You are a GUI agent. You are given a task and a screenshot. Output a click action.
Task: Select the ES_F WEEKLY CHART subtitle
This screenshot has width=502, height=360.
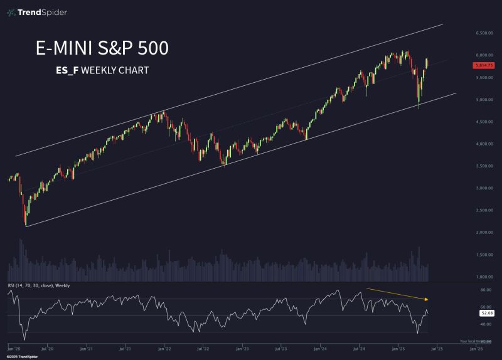click(x=102, y=70)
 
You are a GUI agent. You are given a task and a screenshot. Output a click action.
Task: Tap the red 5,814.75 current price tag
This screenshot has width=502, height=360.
click(x=484, y=64)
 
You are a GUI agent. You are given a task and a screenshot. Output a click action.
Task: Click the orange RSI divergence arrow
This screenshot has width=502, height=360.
click(x=397, y=294)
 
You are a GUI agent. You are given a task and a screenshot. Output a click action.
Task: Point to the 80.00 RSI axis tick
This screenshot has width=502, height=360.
click(x=485, y=290)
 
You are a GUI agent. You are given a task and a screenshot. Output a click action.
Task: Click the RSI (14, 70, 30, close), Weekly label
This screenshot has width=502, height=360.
click(x=38, y=285)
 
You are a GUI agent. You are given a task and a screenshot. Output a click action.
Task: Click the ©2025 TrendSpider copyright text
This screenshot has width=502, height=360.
click(x=20, y=356)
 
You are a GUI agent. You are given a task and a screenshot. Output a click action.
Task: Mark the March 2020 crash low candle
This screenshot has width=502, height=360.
click(x=26, y=220)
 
